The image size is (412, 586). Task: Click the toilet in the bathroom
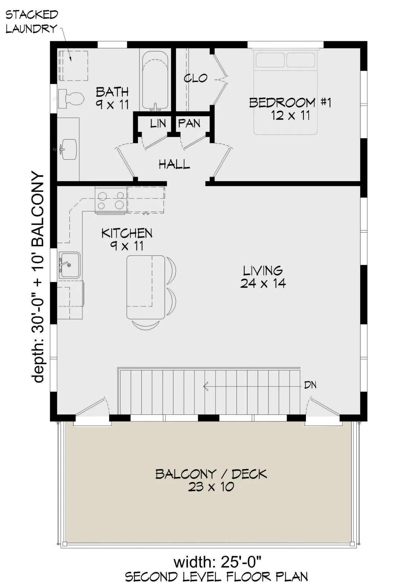point(71,98)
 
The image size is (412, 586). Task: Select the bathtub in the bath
point(155,81)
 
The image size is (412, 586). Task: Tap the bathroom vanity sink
point(69,149)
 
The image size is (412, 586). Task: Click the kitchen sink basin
point(69,265)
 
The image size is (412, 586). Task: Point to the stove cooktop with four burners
point(111,200)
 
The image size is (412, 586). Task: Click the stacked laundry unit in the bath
point(73,66)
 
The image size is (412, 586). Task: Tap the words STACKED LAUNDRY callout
point(31,22)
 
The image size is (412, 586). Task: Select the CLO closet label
point(195,78)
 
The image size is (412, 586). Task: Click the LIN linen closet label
point(158,124)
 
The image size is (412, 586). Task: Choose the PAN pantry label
point(189,123)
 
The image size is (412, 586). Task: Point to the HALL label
point(174,165)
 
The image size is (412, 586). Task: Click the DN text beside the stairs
point(310,385)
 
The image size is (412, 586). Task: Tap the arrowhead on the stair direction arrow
point(205,386)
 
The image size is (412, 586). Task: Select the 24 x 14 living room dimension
point(263,283)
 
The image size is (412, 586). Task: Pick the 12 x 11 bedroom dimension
point(290,115)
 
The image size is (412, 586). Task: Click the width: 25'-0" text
point(218,562)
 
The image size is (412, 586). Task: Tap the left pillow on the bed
point(270,60)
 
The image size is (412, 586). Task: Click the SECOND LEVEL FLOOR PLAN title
point(216,577)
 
